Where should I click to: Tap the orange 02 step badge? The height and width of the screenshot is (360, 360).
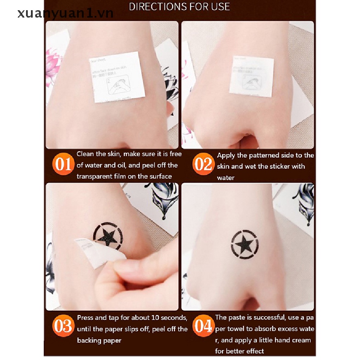point(203,165)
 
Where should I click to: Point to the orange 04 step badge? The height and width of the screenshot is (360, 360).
point(203,327)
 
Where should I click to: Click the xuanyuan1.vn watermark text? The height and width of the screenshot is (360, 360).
point(66,13)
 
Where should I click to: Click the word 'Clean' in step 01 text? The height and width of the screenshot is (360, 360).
point(85,154)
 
